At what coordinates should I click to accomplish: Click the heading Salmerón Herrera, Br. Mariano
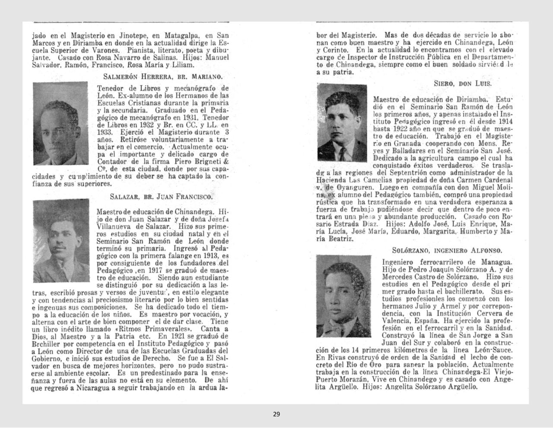pos(163,77)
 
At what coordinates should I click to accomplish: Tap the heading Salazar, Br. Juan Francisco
pos(162,197)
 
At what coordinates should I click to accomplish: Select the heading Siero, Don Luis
pos(463,83)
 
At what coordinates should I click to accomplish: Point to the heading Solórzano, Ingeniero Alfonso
pos(447,250)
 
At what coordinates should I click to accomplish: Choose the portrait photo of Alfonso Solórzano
pos(343,296)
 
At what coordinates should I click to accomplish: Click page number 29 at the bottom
pos(276,414)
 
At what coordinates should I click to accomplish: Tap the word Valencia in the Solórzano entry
pos(396,321)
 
